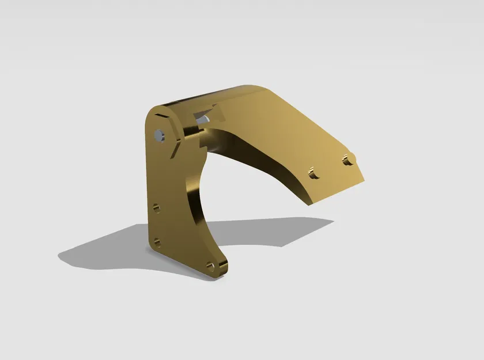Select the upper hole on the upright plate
(x=156, y=208)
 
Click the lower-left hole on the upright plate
(x=156, y=242)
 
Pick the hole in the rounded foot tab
(x=210, y=266)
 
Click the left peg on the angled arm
(x=313, y=172)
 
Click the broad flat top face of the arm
(x=288, y=132)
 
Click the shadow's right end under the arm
(x=331, y=221)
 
